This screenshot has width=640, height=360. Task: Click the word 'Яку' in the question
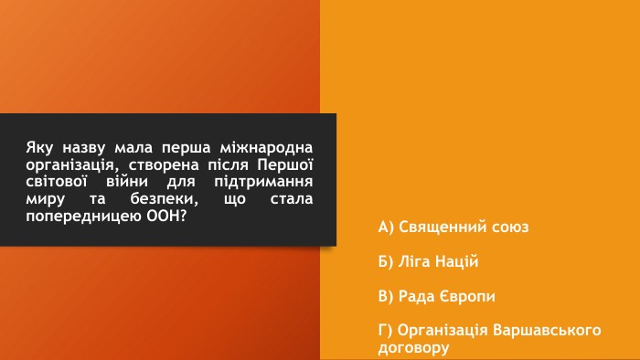click(x=39, y=148)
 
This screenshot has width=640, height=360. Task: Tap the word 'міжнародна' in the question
click(x=266, y=147)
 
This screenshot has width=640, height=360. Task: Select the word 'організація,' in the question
click(x=72, y=165)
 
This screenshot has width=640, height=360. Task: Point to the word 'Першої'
click(x=285, y=164)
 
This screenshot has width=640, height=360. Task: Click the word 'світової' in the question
click(x=57, y=182)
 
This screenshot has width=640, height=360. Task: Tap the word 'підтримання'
click(x=263, y=182)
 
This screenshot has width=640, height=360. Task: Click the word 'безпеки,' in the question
click(x=164, y=198)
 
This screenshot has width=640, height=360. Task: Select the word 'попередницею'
click(x=84, y=216)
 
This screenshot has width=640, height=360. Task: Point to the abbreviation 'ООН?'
click(x=166, y=216)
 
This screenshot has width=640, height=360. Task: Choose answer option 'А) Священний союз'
click(x=453, y=228)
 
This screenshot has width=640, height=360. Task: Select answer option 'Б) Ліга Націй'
click(x=428, y=261)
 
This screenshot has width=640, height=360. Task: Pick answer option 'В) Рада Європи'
click(x=436, y=296)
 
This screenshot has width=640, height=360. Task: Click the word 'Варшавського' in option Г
click(x=547, y=330)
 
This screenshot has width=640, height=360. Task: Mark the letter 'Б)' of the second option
click(x=386, y=261)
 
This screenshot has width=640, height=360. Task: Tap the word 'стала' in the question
click(x=292, y=198)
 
